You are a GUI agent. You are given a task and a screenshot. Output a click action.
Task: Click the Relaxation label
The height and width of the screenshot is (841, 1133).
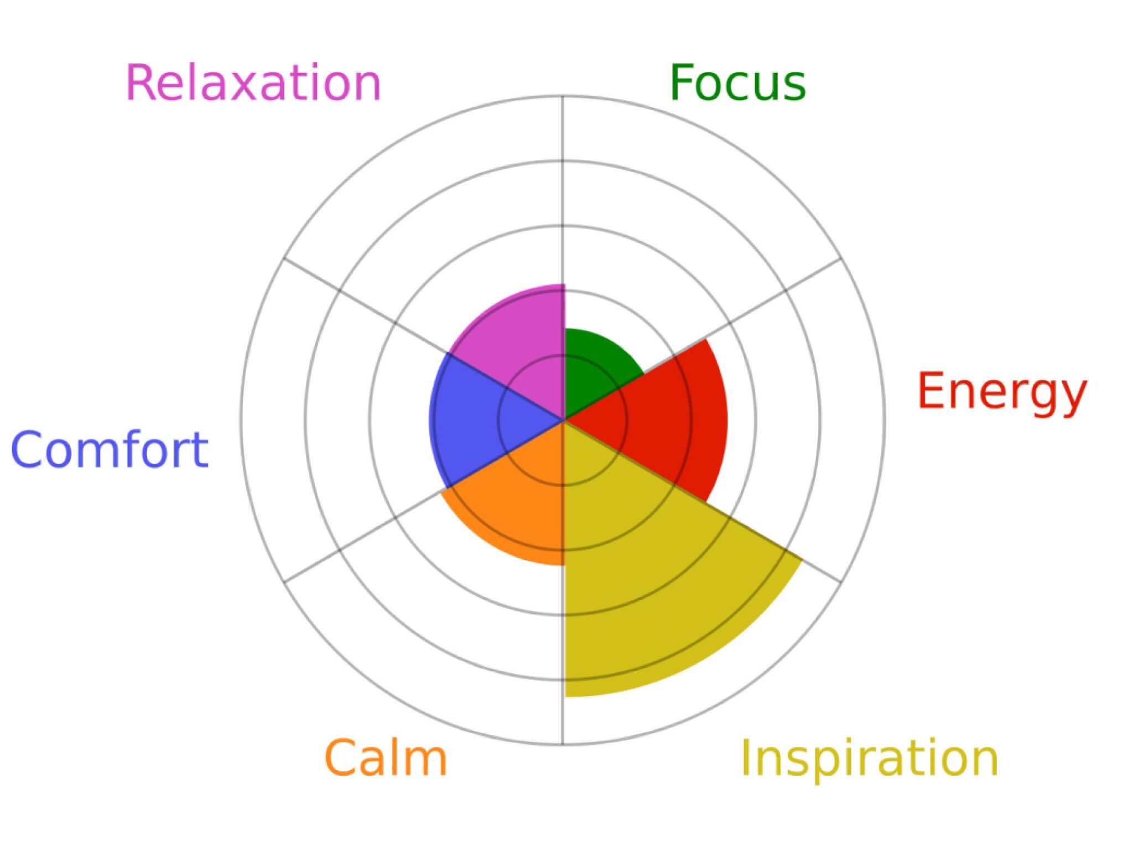254,83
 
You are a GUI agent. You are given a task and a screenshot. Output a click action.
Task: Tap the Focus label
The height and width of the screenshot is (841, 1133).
737,83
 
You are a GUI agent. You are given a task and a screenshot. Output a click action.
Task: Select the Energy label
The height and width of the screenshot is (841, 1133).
1002,392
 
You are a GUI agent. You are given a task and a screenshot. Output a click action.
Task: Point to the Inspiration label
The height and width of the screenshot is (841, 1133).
869,758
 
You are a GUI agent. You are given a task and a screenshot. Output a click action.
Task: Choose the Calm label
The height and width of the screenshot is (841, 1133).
386,758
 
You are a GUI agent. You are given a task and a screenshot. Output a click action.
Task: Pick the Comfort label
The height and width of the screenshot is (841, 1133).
110,449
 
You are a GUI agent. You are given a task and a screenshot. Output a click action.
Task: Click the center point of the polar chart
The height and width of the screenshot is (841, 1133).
563,420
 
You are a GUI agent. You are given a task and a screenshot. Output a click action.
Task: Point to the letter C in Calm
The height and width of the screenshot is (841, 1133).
340,758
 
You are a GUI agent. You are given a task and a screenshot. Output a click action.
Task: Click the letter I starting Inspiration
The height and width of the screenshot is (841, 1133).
745,758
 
